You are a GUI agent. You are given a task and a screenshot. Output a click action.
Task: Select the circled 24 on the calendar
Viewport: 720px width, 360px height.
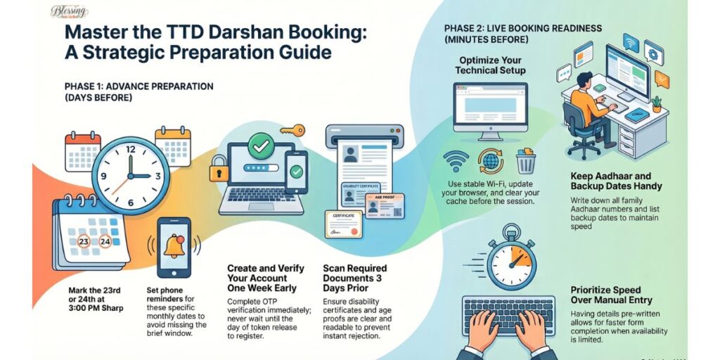[x=105, y=241]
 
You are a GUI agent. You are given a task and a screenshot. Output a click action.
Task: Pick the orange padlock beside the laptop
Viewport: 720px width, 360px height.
[x=219, y=169]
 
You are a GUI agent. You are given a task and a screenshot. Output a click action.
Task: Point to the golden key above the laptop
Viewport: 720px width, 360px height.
[x=292, y=130]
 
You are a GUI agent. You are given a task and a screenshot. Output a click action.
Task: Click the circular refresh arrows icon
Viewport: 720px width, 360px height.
[x=490, y=161]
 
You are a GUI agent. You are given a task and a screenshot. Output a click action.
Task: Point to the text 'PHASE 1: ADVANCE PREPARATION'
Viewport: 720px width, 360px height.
[x=139, y=86]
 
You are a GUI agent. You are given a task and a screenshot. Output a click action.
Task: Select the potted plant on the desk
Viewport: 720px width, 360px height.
[x=656, y=104]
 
